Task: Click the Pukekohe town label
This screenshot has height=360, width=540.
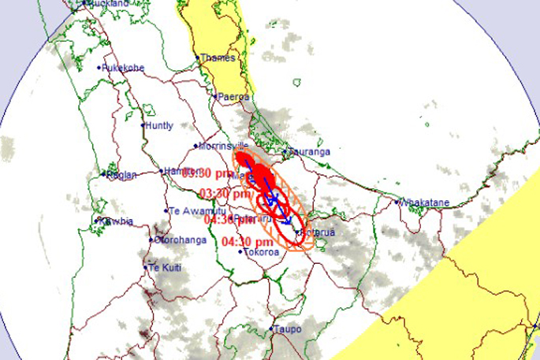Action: pyautogui.click(x=124, y=68)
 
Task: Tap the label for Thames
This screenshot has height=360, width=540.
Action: pyautogui.click(x=218, y=58)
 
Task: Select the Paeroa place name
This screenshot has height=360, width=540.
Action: pyautogui.click(x=233, y=97)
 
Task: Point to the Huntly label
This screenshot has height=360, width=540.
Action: pyautogui.click(x=160, y=125)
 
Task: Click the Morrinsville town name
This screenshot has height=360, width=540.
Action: pyautogui.click(x=224, y=147)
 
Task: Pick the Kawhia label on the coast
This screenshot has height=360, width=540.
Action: pyautogui.click(x=115, y=221)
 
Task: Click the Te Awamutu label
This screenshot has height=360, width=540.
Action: pyautogui.click(x=192, y=210)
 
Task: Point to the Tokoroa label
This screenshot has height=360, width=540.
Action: pyautogui.click(x=260, y=252)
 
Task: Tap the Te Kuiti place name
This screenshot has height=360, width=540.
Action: pyautogui.click(x=167, y=268)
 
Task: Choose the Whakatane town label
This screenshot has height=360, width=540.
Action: pyautogui.click(x=424, y=202)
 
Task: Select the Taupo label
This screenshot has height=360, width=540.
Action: pyautogui.click(x=287, y=329)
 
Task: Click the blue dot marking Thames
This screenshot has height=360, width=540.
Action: pyautogui.click(x=199, y=58)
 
